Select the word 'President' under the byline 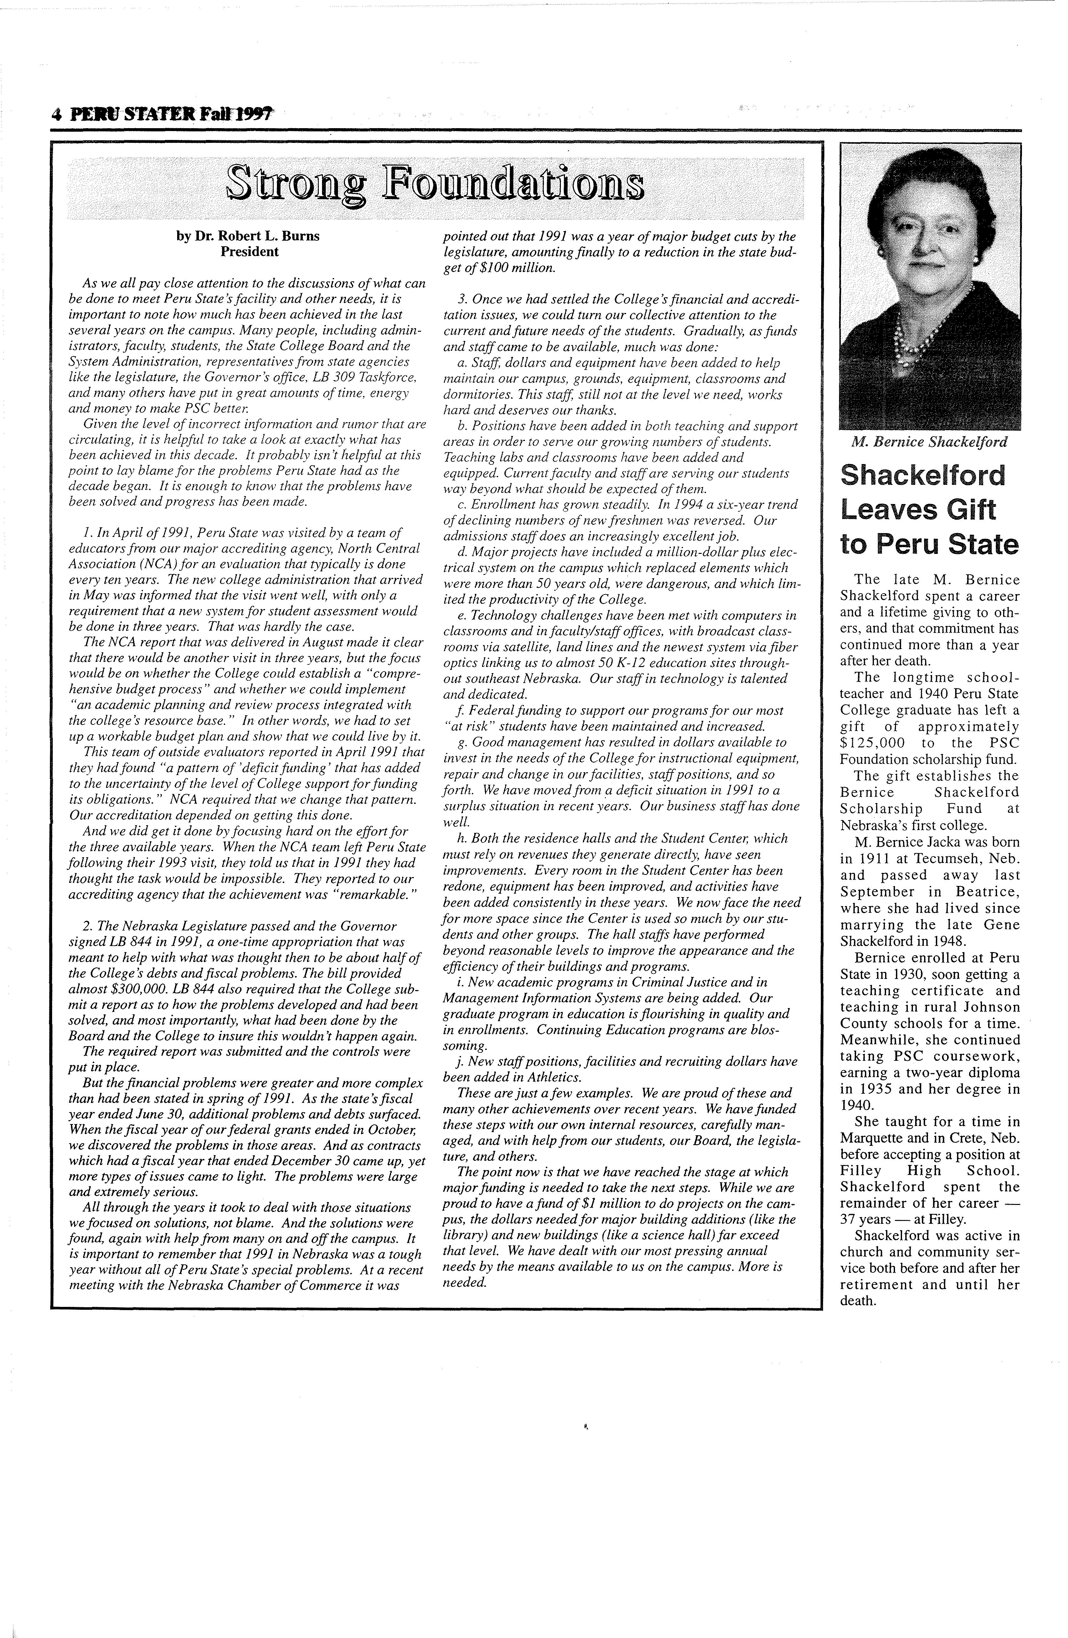click(x=249, y=252)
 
